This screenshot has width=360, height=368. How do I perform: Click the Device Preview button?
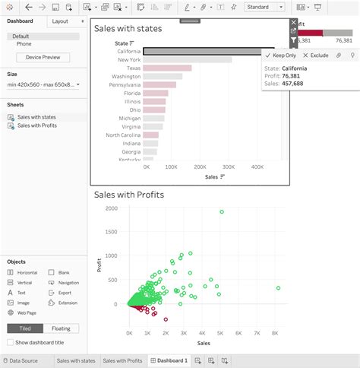coord(43,58)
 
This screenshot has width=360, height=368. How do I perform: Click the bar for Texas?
coord(167,68)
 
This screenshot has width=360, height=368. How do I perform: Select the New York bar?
coord(188,59)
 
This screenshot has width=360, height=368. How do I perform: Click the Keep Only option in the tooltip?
coord(280,56)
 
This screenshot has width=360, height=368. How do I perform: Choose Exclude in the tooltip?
coord(315,56)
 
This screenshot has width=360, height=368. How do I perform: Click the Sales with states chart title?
coord(128,29)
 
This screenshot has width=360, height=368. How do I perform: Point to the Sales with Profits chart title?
coord(129,195)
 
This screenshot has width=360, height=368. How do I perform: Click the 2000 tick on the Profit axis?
coord(112,208)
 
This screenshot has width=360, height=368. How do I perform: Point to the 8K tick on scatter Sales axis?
coord(276,334)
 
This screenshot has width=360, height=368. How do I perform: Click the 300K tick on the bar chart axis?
coord(229,166)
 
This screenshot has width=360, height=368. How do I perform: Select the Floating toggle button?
coord(60,328)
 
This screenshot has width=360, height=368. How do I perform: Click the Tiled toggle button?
coord(24,328)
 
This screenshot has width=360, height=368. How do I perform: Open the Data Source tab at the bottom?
coord(24,360)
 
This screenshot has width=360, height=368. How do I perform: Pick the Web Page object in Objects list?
coord(27,312)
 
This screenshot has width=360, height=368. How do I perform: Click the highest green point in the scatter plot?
coord(222,212)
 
